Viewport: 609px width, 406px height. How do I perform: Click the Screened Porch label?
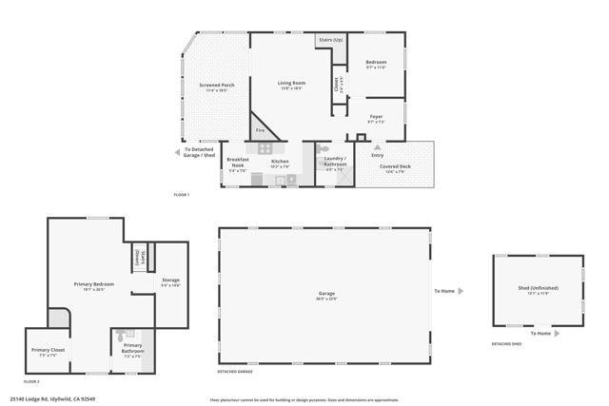(216, 87)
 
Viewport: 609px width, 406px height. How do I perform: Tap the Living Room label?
(290, 85)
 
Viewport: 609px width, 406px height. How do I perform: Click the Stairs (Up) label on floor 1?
(330, 41)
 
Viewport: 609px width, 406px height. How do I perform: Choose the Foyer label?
(376, 119)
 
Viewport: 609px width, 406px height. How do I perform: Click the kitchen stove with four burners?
(265, 148)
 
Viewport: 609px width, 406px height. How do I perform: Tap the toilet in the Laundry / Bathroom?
(324, 149)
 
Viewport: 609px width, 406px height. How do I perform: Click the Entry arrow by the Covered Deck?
(378, 147)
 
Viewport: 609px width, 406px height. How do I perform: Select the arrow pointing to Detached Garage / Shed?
(177, 152)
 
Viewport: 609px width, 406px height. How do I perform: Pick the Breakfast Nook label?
(237, 163)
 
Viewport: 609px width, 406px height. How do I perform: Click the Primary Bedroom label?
(94, 286)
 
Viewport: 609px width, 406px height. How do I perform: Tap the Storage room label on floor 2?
(170, 281)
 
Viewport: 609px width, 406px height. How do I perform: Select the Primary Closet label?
(48, 352)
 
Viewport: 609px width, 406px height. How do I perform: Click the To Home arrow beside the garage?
(461, 291)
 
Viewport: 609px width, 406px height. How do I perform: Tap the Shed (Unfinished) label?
(538, 289)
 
